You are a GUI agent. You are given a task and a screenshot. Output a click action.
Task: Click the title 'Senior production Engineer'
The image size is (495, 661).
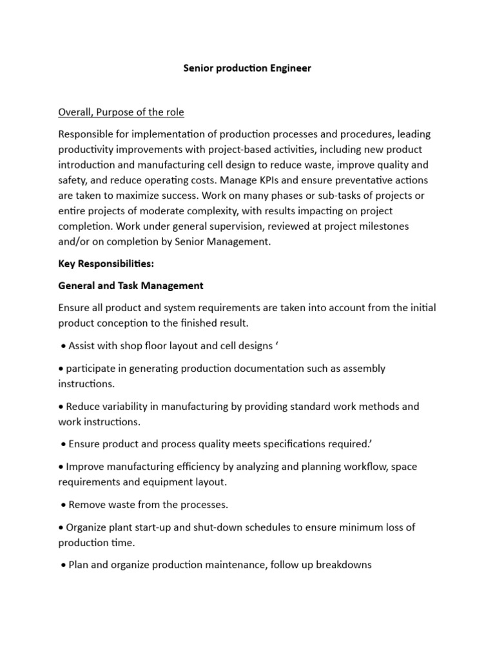click(247, 68)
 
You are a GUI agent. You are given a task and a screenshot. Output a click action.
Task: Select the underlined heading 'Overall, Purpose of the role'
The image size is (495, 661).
click(121, 112)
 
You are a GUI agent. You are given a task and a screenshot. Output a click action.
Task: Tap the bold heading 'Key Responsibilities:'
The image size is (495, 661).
click(106, 264)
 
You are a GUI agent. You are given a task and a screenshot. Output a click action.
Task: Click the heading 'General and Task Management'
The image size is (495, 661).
click(131, 285)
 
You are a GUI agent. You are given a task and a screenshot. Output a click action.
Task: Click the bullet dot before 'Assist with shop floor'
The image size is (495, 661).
click(63, 346)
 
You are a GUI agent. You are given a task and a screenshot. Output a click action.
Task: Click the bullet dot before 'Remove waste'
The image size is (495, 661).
click(63, 505)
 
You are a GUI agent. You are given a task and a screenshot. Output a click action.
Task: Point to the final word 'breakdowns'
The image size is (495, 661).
click(342, 565)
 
